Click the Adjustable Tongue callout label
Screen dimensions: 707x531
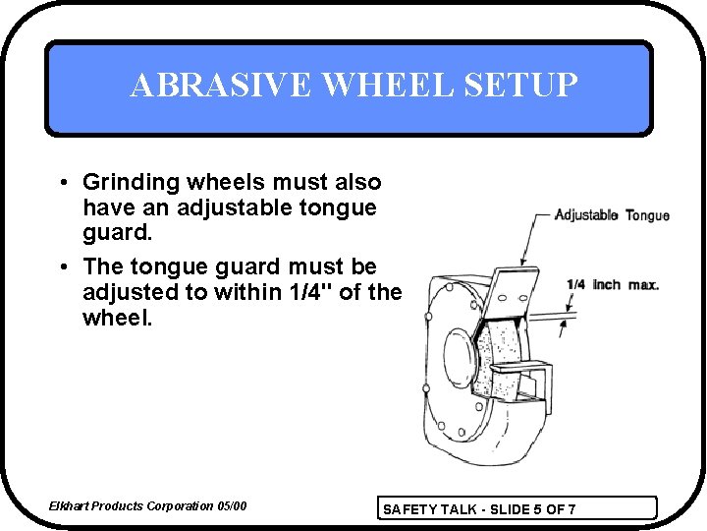[x=612, y=215]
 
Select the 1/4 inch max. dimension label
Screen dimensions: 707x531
[x=612, y=285]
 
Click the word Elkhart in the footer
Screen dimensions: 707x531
[x=71, y=506]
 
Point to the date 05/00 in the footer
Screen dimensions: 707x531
[x=232, y=506]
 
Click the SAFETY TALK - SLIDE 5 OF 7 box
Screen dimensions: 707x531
[x=517, y=508]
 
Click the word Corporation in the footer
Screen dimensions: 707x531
[x=181, y=506]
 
